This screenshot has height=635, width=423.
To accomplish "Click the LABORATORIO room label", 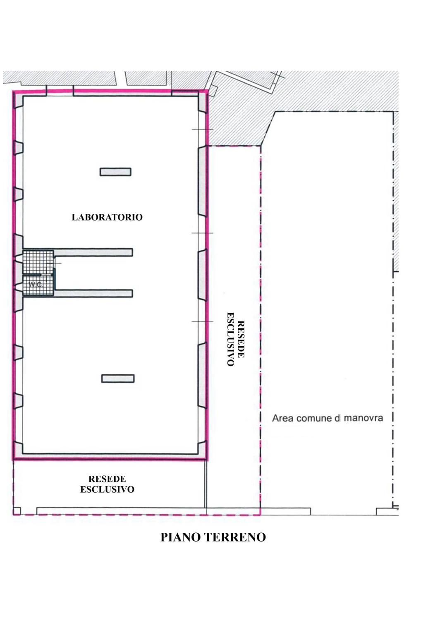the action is (107, 218).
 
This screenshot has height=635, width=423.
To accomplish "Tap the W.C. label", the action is (36, 285).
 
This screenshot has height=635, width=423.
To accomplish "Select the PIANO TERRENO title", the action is (213, 537).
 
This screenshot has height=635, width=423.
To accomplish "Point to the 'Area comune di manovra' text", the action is (327, 418).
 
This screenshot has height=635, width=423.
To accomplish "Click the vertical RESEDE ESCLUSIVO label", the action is (236, 339).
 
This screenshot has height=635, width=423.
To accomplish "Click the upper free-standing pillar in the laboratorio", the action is (115, 172).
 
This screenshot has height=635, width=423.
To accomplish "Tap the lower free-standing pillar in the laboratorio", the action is (117, 379).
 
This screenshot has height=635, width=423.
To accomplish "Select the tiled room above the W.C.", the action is (38, 262).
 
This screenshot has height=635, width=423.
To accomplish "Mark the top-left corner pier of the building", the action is (18, 101).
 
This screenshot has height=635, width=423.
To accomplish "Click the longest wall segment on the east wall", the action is (202, 182).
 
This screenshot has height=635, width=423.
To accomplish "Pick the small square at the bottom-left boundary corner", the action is (17, 510).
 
